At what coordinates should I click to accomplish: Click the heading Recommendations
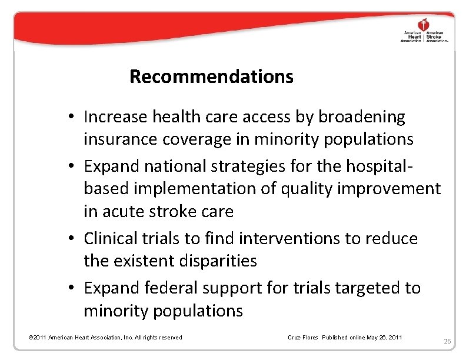[x=211, y=76]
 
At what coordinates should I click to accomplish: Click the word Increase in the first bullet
[x=116, y=117]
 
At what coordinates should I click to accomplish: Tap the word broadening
[x=362, y=117]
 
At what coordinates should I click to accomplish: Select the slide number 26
[x=447, y=341]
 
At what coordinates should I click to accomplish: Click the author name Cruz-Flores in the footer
[x=302, y=337]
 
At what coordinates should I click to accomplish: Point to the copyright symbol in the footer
[x=31, y=337]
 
